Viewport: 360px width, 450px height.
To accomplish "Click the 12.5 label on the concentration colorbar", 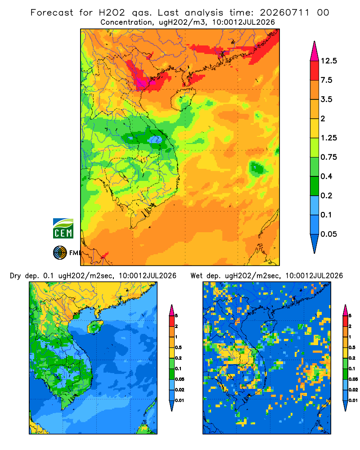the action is [x=328, y=61].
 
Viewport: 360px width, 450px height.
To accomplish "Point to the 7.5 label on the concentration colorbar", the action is [x=326, y=80].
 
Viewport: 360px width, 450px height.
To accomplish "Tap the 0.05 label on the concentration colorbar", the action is [x=328, y=234].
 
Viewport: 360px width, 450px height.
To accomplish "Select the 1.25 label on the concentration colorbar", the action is [x=328, y=138].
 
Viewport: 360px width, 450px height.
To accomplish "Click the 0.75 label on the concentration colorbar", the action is [x=328, y=157].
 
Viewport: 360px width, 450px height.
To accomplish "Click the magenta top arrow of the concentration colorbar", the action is [x=315, y=51].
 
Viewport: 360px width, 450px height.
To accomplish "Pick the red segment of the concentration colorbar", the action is [x=315, y=71].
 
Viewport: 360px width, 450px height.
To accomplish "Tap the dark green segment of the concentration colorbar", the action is [x=315, y=186].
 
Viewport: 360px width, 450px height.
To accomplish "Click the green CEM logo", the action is [x=63, y=228].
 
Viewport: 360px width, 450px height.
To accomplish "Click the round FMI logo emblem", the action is [x=60, y=253].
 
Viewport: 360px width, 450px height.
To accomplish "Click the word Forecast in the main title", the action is [x=52, y=13].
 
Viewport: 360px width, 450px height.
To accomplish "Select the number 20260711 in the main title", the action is [x=285, y=13].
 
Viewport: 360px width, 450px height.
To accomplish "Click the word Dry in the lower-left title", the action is [x=15, y=276].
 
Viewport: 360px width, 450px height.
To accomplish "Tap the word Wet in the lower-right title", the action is [x=197, y=276].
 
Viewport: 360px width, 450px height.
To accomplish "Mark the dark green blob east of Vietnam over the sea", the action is [x=256, y=168].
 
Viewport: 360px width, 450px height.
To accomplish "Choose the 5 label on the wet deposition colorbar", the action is [x=350, y=316].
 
